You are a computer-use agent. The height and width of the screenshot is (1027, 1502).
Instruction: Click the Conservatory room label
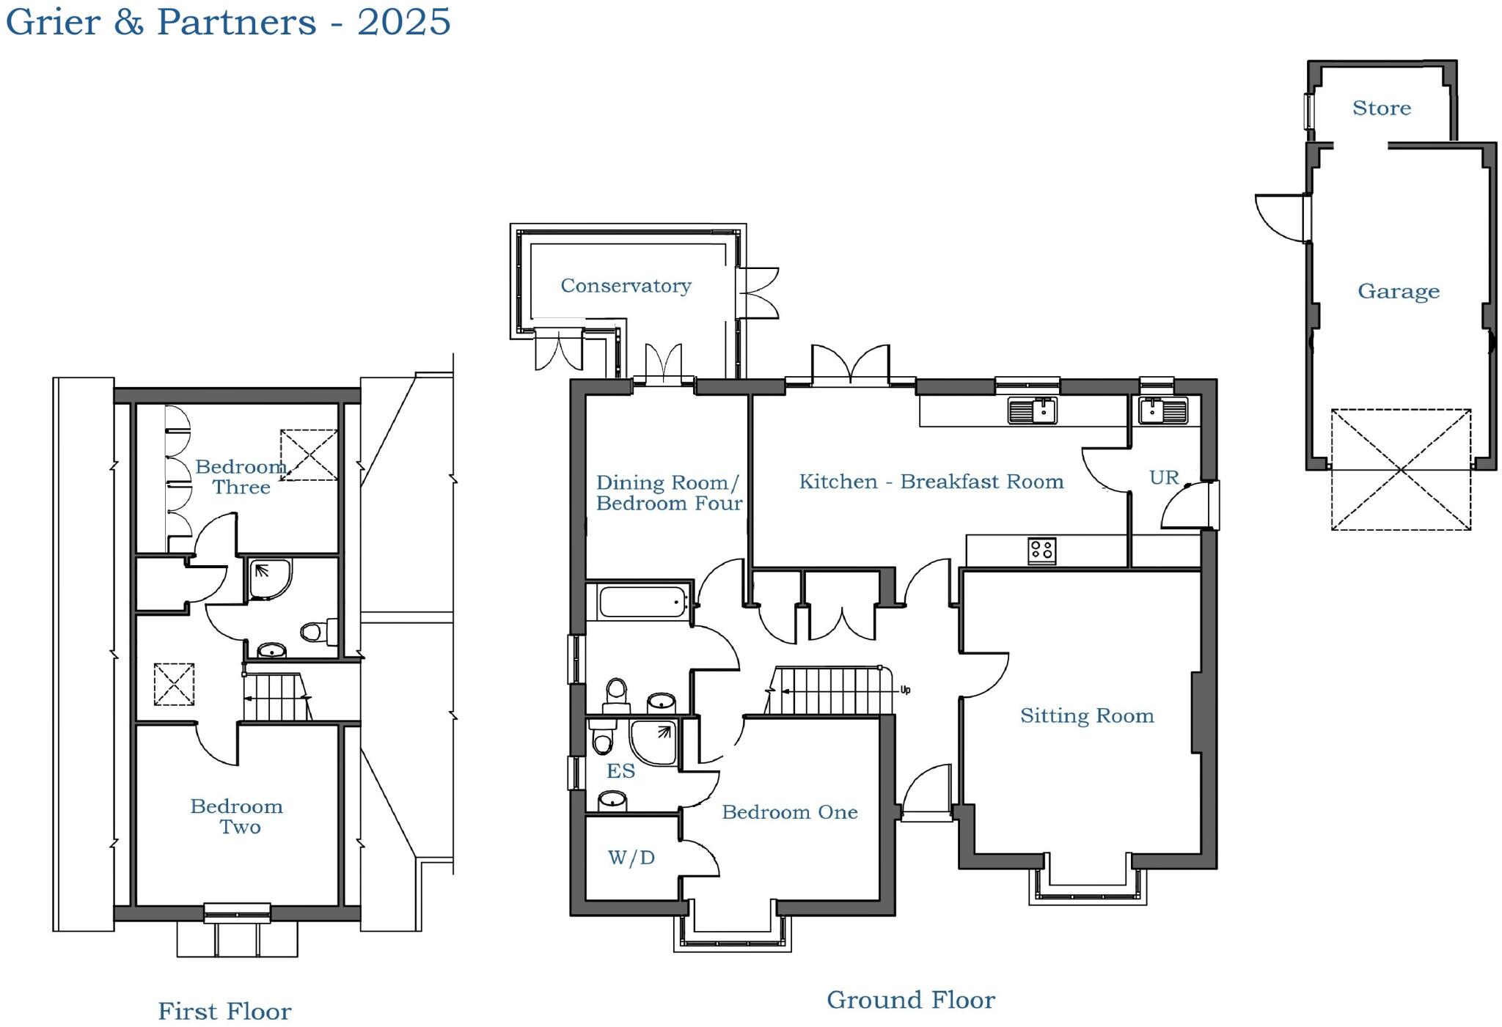point(626,285)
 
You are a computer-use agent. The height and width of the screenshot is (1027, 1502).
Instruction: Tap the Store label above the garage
point(1381,108)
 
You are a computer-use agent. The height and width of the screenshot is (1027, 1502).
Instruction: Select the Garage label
point(1398,291)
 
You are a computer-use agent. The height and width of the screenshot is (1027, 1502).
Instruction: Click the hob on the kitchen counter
point(1041,550)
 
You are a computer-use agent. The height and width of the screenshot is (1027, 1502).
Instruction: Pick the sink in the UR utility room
point(1162,411)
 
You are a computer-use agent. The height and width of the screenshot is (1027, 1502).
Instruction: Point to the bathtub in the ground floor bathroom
point(642,603)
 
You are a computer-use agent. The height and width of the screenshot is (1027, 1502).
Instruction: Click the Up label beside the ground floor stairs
point(905,690)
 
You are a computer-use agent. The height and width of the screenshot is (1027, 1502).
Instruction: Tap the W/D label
point(631,857)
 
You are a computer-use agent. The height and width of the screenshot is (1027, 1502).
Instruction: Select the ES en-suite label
point(620,770)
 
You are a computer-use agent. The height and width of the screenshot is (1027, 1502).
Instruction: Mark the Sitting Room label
point(1086,715)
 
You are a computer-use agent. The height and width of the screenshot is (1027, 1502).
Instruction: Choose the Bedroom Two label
point(237,816)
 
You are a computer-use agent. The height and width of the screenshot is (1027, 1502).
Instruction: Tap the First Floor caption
point(224,1011)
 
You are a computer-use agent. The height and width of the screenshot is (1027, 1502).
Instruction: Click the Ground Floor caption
point(910,1000)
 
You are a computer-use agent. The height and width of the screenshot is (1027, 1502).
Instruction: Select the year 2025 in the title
point(403,21)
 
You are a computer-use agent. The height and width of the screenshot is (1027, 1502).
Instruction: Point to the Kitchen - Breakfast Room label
point(931,482)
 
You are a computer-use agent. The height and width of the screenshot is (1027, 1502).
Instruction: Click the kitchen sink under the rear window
point(1032,411)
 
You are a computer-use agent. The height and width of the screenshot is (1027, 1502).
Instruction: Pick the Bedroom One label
point(789,811)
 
